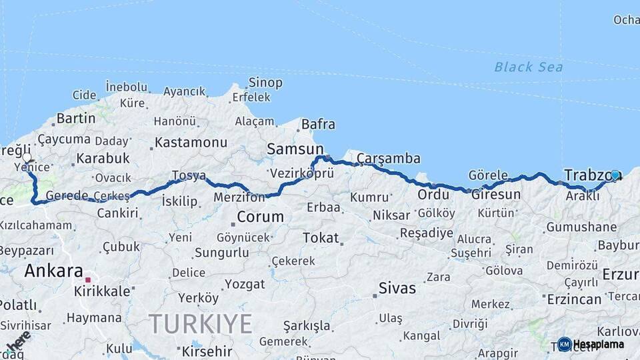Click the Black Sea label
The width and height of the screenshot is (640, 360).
[x=528, y=67]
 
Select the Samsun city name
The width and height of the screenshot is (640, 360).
[x=295, y=149]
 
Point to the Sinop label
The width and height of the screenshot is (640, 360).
[x=265, y=83]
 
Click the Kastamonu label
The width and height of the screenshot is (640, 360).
[x=191, y=143]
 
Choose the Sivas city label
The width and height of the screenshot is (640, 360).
[x=397, y=289]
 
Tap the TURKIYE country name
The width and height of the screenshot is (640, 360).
[x=201, y=324]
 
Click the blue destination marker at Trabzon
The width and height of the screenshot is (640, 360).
[x=615, y=175]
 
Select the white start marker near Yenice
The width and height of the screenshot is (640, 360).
[x=27, y=159]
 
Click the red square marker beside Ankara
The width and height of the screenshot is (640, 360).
[x=88, y=272]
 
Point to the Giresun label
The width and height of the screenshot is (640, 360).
[x=496, y=195]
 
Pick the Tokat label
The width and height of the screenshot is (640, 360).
[x=321, y=238]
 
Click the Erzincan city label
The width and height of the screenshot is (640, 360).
[x=574, y=299]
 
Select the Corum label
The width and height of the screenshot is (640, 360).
[x=260, y=217]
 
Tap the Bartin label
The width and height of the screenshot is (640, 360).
[x=76, y=119]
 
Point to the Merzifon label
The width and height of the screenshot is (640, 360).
[x=239, y=197]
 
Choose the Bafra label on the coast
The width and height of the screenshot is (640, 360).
[x=318, y=125]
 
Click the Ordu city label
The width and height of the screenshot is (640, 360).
[x=433, y=195]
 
